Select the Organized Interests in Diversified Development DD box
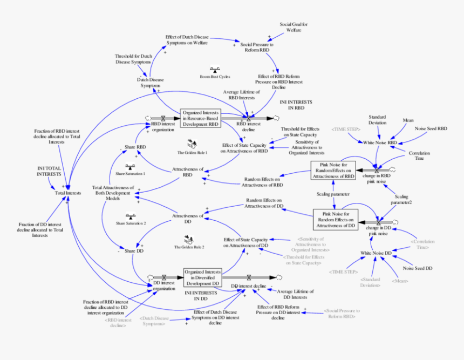(202, 276)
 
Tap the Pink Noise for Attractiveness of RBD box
(333, 169)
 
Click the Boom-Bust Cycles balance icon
(215, 70)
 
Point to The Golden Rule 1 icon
(192, 144)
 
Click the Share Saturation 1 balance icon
(130, 166)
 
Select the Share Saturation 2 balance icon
(131, 215)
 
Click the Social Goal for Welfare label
(294, 27)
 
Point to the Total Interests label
(68, 193)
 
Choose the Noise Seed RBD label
(431, 129)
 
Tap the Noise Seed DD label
(418, 268)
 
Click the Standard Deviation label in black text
(377, 119)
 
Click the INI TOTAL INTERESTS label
(49, 171)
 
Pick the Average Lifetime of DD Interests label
(295, 294)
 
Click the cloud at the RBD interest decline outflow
(276, 117)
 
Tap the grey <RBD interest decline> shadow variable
(118, 323)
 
